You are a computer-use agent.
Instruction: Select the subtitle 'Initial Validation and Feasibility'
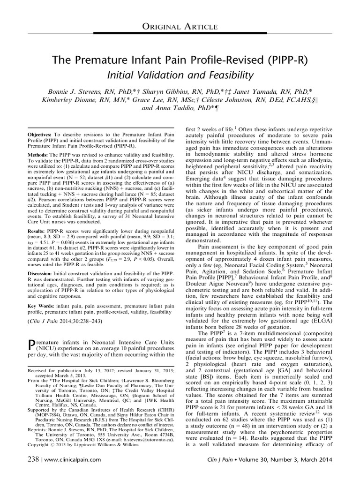pos(180,75)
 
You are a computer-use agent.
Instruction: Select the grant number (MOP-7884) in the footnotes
pos(42,430)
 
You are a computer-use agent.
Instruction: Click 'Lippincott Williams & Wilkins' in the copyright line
pos(105,459)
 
